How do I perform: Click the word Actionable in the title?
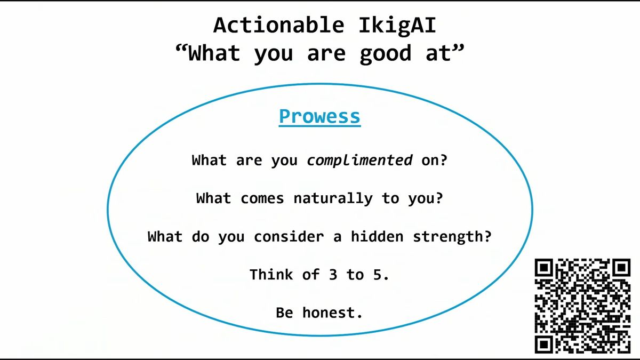coord(279,25)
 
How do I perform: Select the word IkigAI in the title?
coord(397,26)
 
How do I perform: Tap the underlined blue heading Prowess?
coord(319,117)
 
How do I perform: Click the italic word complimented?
coord(359,161)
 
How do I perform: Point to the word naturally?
coord(333,198)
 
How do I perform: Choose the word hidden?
coord(377,236)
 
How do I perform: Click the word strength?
coord(447,237)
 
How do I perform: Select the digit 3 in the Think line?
coord(333,275)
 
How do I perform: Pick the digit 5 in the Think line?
coord(377,275)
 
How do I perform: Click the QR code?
coord(582,306)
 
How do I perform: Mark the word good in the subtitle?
coord(385,54)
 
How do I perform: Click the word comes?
coord(262,198)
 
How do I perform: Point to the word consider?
coord(289,237)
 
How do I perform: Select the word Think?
coord(271,274)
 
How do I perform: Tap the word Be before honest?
coord(285,313)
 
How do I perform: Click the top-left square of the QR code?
coord(544,268)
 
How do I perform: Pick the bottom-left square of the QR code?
coord(544,345)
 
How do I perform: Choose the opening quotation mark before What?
coord(181,49)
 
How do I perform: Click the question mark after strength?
coord(487,236)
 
